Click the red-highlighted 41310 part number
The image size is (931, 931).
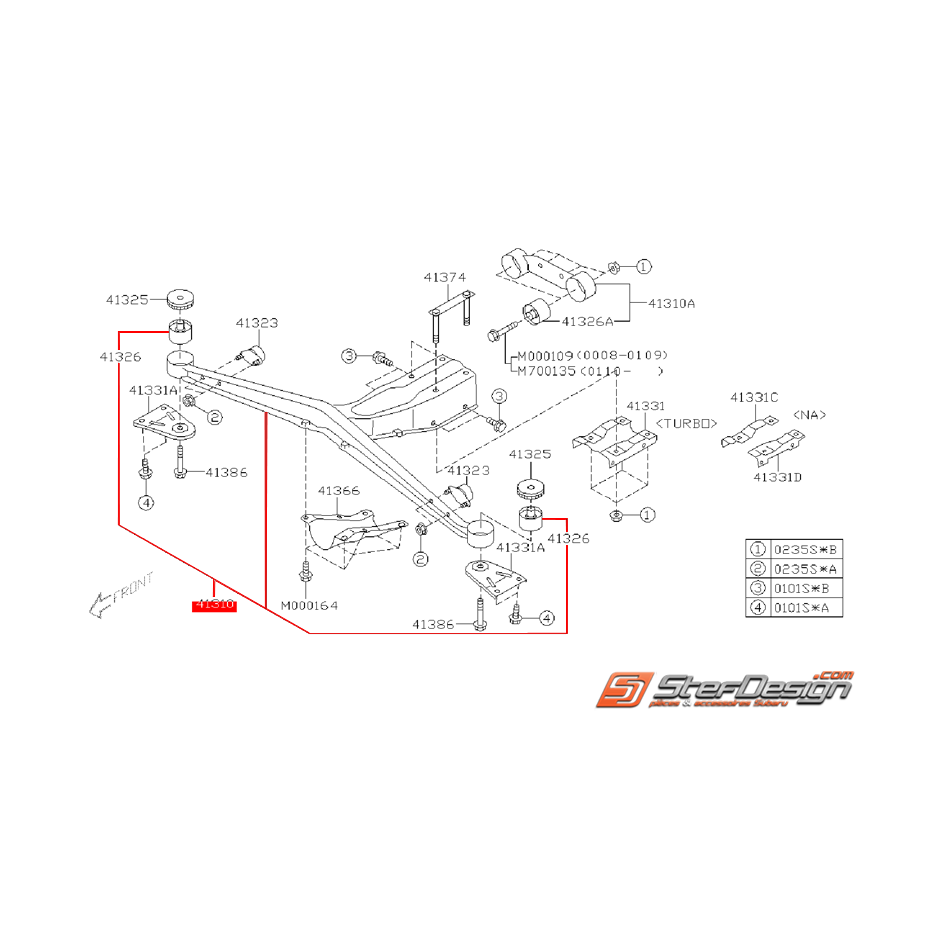[214, 605]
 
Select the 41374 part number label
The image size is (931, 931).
[443, 277]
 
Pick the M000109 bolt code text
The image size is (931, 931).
[546, 355]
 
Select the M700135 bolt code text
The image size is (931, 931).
[546, 370]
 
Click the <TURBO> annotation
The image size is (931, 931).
[689, 423]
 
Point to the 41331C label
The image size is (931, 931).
[754, 397]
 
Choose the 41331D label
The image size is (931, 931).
[778, 477]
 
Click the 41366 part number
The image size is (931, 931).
[338, 491]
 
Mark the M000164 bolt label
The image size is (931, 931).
[308, 605]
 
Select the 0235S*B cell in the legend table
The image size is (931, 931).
[799, 549]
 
